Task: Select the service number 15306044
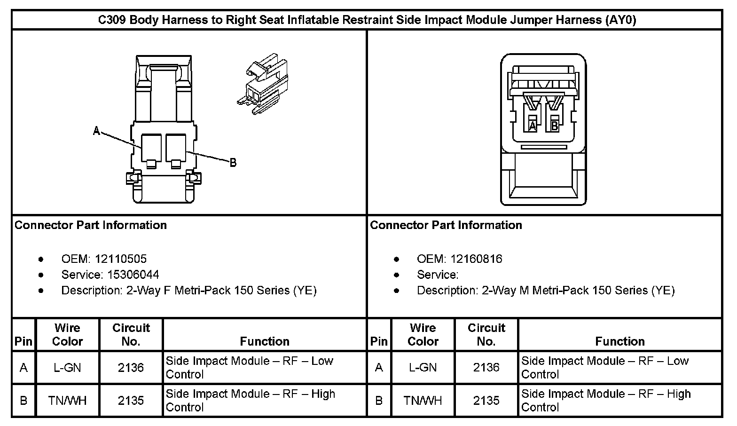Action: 133,275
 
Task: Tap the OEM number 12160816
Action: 476,259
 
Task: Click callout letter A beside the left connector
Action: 97,131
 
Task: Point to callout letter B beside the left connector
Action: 233,163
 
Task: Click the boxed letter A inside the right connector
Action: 533,126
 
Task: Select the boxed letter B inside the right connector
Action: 555,126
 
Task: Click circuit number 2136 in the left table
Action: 131,368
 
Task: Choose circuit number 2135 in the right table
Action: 486,401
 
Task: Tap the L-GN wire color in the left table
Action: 67,368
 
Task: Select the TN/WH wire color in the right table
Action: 423,401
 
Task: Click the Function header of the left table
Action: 265,341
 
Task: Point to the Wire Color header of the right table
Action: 423,334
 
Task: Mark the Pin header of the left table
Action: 24,341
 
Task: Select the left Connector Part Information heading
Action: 91,225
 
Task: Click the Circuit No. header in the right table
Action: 486,334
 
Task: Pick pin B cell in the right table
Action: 379,401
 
